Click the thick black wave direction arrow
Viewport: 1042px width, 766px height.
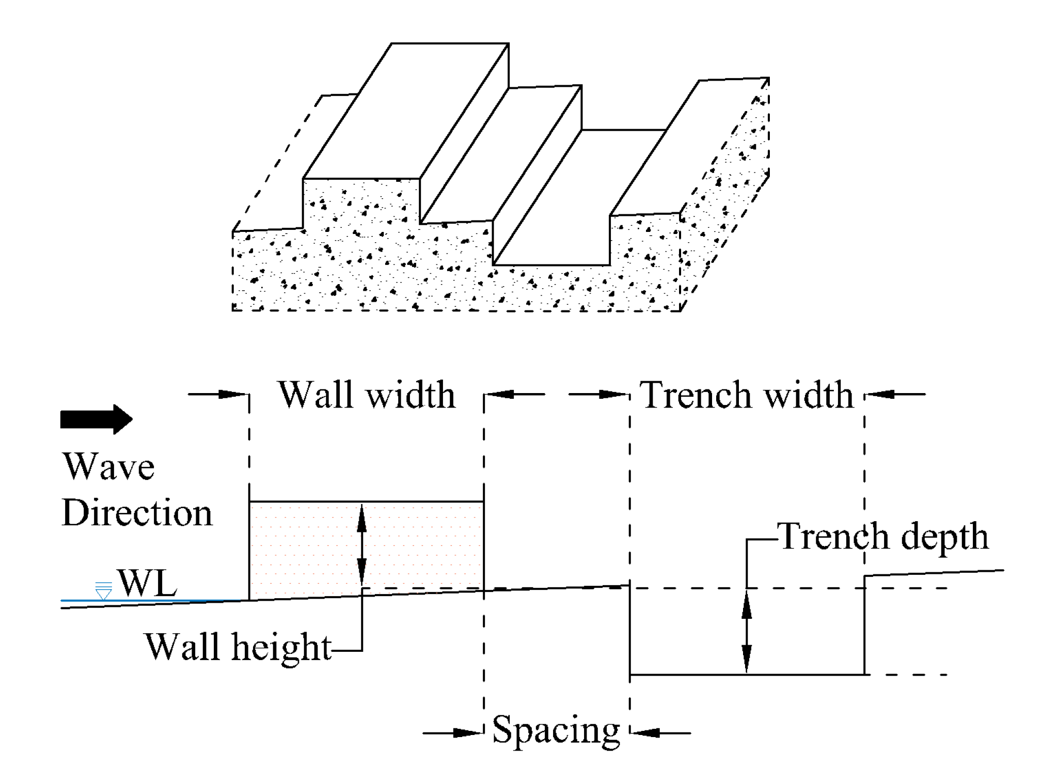click(96, 419)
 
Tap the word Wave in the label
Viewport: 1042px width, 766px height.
click(108, 466)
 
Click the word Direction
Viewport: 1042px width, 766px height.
click(137, 513)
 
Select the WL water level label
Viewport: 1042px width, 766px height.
click(147, 583)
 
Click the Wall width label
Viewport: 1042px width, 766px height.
click(367, 395)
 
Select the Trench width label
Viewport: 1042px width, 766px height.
click(746, 395)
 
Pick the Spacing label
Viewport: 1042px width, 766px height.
click(556, 730)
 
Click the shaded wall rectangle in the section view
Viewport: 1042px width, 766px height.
click(310, 548)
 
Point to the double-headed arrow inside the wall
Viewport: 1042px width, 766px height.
click(362, 545)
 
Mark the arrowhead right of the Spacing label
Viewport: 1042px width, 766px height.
click(645, 732)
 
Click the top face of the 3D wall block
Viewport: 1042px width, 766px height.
click(405, 111)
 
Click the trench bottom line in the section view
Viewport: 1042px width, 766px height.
click(747, 675)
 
